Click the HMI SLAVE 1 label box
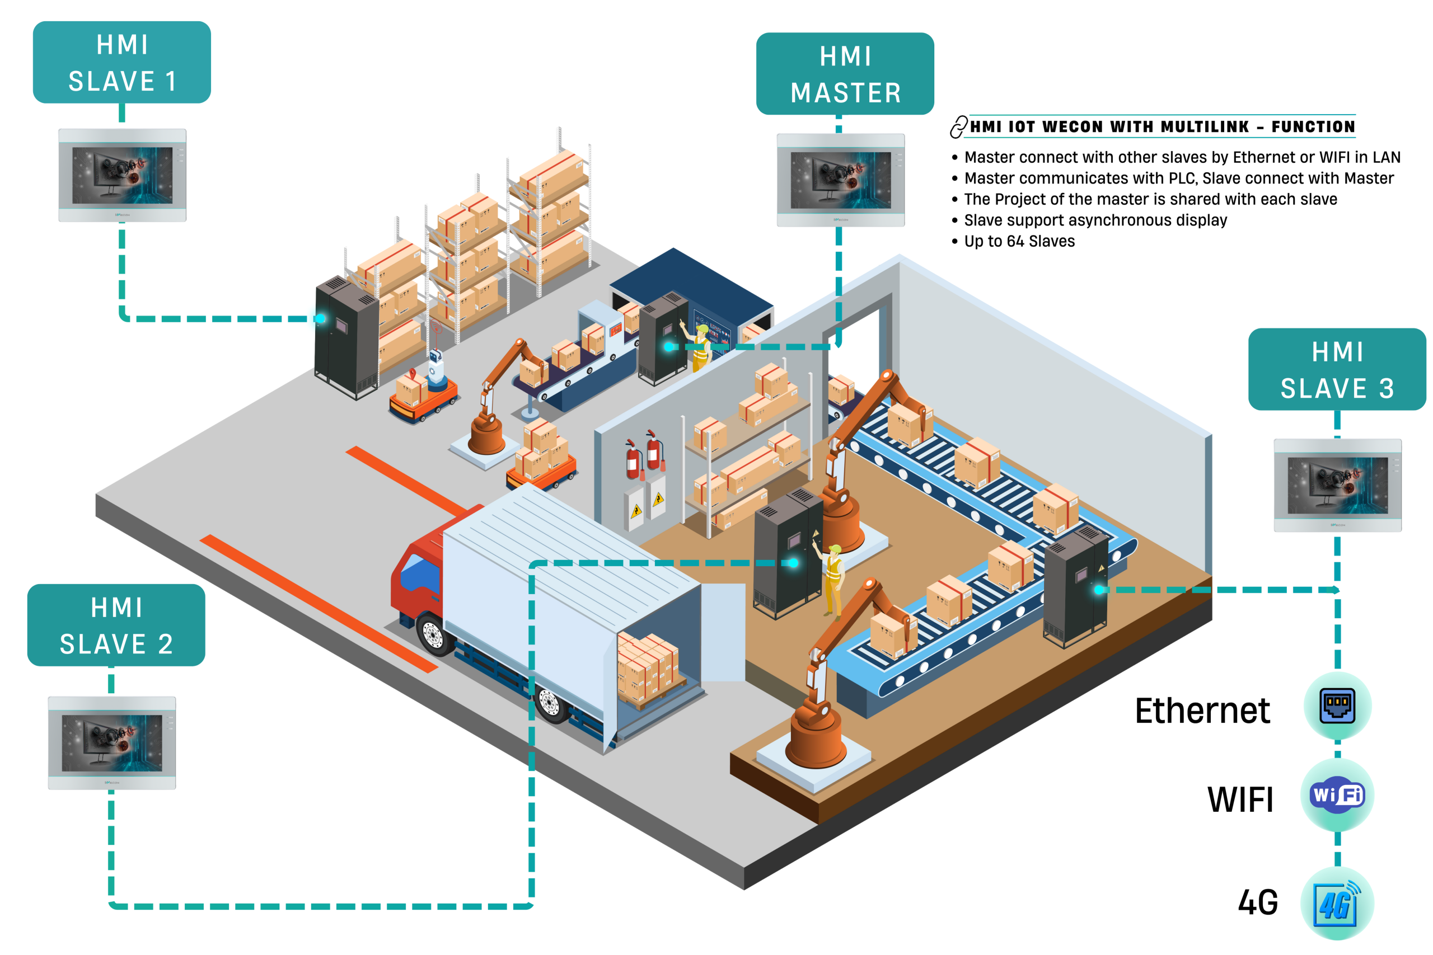click(122, 62)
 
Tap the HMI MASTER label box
click(845, 74)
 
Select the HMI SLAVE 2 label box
click(116, 625)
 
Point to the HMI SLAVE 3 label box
click(1337, 369)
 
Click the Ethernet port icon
click(1337, 706)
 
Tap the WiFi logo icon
click(1337, 795)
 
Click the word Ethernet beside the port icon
click(1202, 711)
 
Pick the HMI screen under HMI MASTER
click(841, 180)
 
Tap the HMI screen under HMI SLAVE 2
click(112, 743)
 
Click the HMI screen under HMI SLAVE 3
click(1337, 486)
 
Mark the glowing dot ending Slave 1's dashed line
click(320, 318)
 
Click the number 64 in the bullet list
click(1015, 241)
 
